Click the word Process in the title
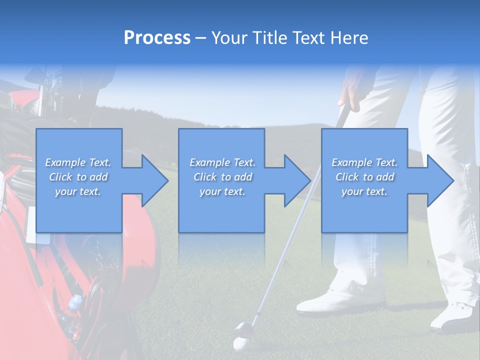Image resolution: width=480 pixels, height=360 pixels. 157,38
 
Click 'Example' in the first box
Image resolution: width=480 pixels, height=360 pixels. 65,162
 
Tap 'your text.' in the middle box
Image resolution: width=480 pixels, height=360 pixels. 222,191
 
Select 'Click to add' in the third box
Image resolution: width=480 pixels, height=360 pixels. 364,177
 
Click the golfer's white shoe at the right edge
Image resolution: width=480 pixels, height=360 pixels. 455,317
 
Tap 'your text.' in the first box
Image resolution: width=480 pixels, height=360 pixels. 78,191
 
